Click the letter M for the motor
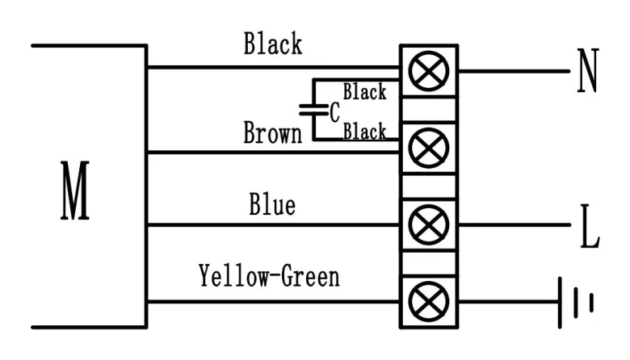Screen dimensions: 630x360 tap(75, 190)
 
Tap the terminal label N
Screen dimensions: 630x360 tap(588, 71)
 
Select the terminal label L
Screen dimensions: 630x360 tap(590, 226)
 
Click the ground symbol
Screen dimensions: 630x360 tap(575, 302)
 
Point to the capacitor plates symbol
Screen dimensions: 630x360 tap(313, 110)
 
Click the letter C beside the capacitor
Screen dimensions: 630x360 tap(334, 112)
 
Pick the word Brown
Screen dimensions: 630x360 tap(272, 132)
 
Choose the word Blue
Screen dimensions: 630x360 tap(272, 204)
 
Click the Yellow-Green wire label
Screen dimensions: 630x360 tap(269, 276)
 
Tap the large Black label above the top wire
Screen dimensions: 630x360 tap(273, 44)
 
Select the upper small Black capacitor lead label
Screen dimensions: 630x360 tap(364, 91)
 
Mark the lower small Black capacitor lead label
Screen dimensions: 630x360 tap(364, 132)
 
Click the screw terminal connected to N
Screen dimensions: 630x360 tap(429, 71)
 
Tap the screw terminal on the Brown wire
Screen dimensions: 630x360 tap(429, 148)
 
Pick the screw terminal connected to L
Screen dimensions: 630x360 tap(429, 224)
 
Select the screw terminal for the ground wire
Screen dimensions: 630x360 tap(429, 301)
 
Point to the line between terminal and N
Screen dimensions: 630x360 tap(514, 71)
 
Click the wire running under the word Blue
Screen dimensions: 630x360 tap(274, 224)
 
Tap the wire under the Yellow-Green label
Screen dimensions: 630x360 tap(274, 301)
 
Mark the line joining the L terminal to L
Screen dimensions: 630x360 tap(514, 224)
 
